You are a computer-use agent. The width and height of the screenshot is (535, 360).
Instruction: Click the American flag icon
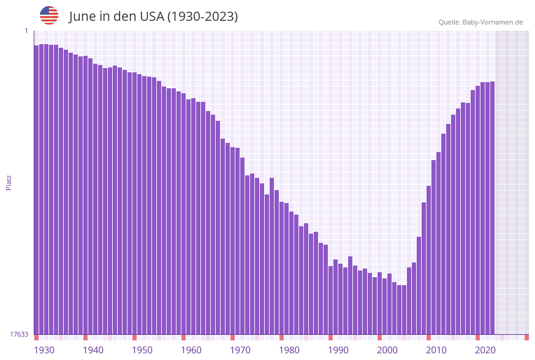[x=49, y=15]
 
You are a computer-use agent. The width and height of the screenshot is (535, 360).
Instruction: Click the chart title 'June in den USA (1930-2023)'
[x=153, y=17]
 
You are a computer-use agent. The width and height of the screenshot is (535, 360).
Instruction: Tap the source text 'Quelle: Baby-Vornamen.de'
[x=480, y=22]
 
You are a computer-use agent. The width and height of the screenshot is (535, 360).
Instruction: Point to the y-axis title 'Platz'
[x=9, y=182]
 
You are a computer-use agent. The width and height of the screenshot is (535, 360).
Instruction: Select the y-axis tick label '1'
[x=26, y=31]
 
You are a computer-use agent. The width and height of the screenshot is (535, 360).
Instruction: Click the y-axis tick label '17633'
[x=19, y=334]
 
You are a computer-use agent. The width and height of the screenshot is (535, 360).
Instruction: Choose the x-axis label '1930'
[x=44, y=350]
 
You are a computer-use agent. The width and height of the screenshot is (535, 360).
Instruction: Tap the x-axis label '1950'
[x=142, y=350]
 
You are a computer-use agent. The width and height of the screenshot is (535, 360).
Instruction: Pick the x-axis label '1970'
[x=240, y=350]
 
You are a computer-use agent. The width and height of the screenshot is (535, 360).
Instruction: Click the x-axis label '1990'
[x=338, y=350]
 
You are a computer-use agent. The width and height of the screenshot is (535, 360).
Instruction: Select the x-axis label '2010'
[x=436, y=350]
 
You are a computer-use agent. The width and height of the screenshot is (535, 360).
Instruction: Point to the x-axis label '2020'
[x=485, y=350]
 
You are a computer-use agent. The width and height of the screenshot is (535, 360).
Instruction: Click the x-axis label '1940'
[x=93, y=350]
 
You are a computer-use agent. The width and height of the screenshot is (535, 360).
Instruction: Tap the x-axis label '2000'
[x=387, y=350]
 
